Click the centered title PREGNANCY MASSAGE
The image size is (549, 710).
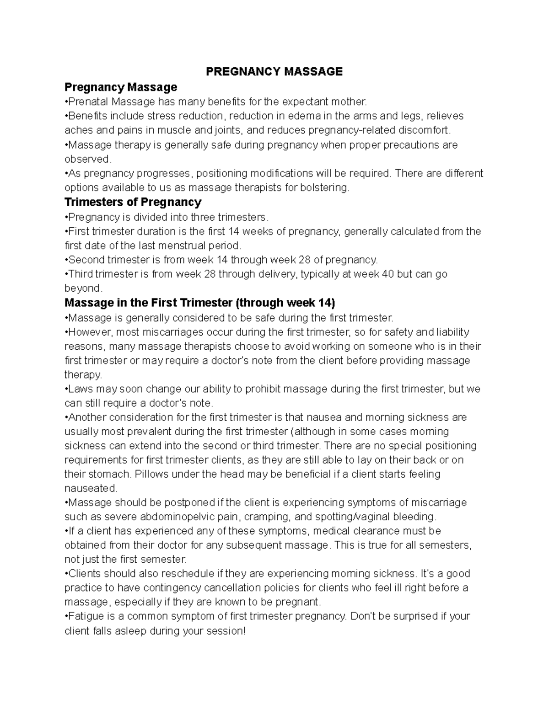(x=274, y=72)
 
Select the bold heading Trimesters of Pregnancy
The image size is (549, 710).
(x=133, y=202)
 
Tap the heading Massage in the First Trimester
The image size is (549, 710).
(x=200, y=303)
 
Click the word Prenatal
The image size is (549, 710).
(x=88, y=101)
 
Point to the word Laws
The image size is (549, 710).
(x=80, y=389)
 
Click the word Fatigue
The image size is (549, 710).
(x=84, y=616)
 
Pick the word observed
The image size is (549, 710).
(x=87, y=159)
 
